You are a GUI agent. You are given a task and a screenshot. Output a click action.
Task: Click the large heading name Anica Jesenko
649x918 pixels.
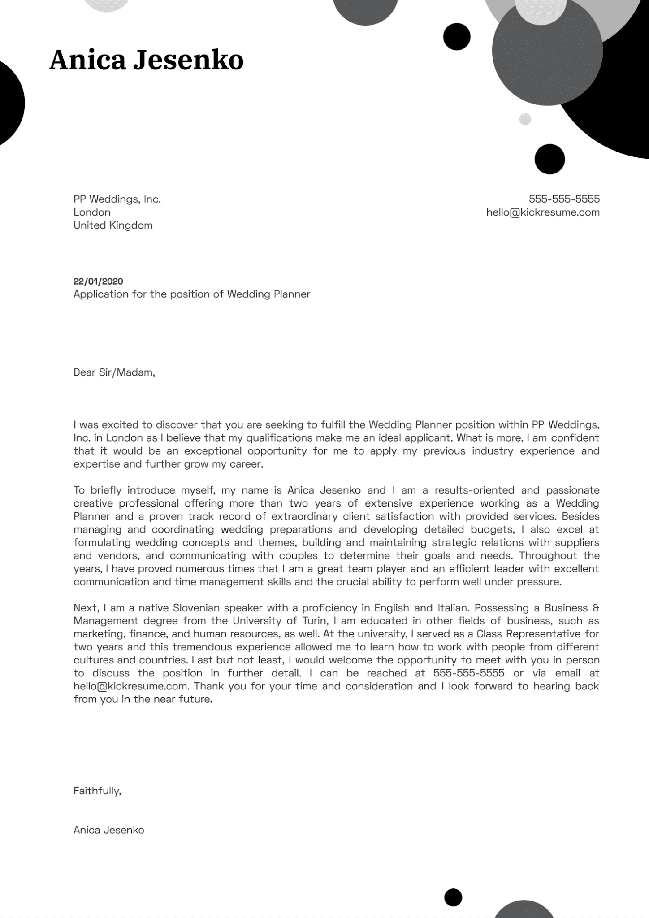[x=146, y=61]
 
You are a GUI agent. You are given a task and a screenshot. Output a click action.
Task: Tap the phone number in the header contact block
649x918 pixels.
[x=564, y=199]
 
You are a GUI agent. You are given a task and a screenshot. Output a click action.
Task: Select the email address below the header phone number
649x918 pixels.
[x=543, y=212]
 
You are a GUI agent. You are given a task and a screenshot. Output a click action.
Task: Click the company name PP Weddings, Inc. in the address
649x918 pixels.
[x=117, y=199]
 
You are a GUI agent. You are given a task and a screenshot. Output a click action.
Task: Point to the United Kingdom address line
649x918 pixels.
[x=113, y=225]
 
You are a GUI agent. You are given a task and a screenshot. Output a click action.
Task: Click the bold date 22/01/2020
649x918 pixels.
[x=98, y=281]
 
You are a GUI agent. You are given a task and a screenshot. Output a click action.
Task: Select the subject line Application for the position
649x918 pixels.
[x=191, y=294]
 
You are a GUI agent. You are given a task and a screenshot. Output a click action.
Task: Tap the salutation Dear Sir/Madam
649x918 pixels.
[x=114, y=372]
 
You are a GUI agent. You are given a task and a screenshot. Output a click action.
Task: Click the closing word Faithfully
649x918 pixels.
[x=97, y=791]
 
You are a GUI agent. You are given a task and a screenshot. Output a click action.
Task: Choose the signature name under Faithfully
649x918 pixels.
[x=109, y=830]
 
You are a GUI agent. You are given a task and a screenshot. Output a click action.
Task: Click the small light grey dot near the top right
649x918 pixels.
[x=525, y=119]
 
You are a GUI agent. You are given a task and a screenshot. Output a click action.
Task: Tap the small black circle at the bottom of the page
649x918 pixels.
[x=453, y=897]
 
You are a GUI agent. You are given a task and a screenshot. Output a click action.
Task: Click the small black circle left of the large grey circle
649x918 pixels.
[x=457, y=36]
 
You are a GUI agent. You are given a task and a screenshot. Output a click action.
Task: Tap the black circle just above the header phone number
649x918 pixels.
[x=549, y=159]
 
